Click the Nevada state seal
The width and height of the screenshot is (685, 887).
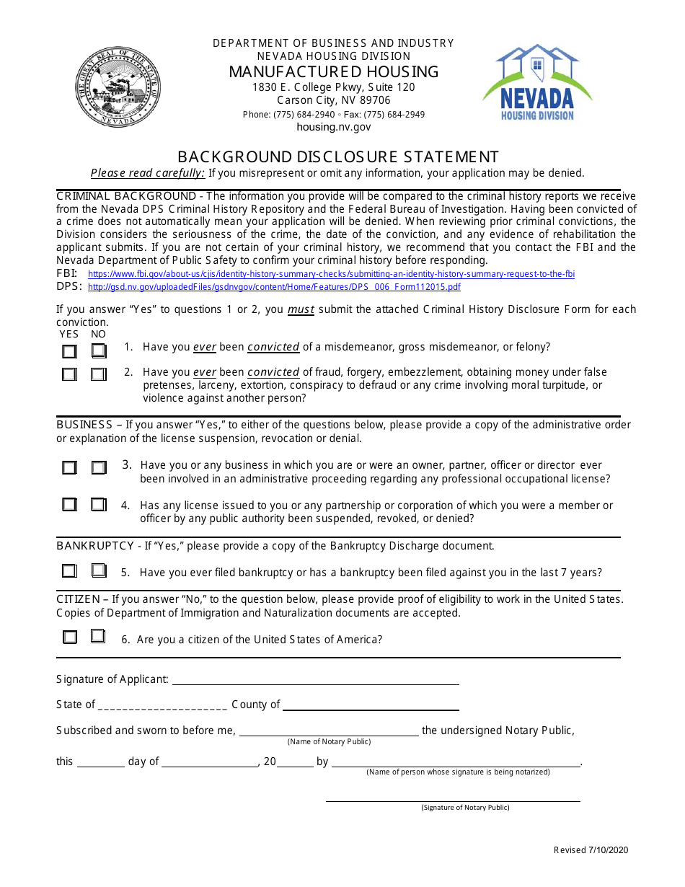click(118, 87)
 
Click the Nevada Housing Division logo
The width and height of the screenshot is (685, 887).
click(537, 82)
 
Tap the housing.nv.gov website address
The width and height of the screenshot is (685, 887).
click(333, 127)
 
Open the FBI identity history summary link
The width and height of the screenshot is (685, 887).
click(331, 274)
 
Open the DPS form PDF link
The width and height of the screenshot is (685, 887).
click(274, 287)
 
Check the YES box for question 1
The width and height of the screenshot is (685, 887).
click(69, 351)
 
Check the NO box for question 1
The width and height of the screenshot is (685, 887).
click(99, 351)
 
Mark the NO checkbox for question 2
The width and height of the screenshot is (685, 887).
click(99, 374)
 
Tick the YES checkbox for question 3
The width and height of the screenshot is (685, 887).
click(69, 468)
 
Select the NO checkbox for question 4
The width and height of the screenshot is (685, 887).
click(99, 505)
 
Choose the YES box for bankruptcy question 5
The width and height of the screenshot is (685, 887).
click(69, 571)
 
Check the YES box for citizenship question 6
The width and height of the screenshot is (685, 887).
click(69, 637)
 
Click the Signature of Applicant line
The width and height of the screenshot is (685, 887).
click(315, 680)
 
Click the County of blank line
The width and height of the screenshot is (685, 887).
click(371, 705)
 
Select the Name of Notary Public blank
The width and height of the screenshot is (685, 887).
click(329, 731)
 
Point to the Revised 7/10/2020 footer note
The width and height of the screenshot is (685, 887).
click(591, 850)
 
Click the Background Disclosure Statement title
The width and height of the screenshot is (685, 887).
click(338, 156)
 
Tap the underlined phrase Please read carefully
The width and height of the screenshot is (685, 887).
click(148, 173)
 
